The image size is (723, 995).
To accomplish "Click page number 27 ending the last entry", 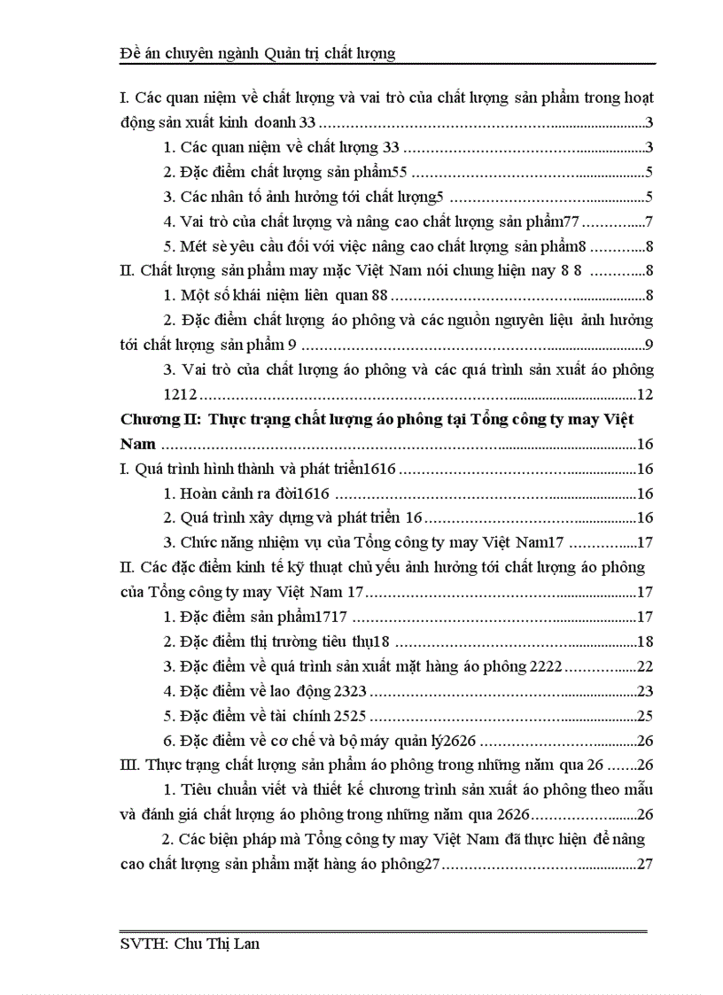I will click(645, 864).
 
